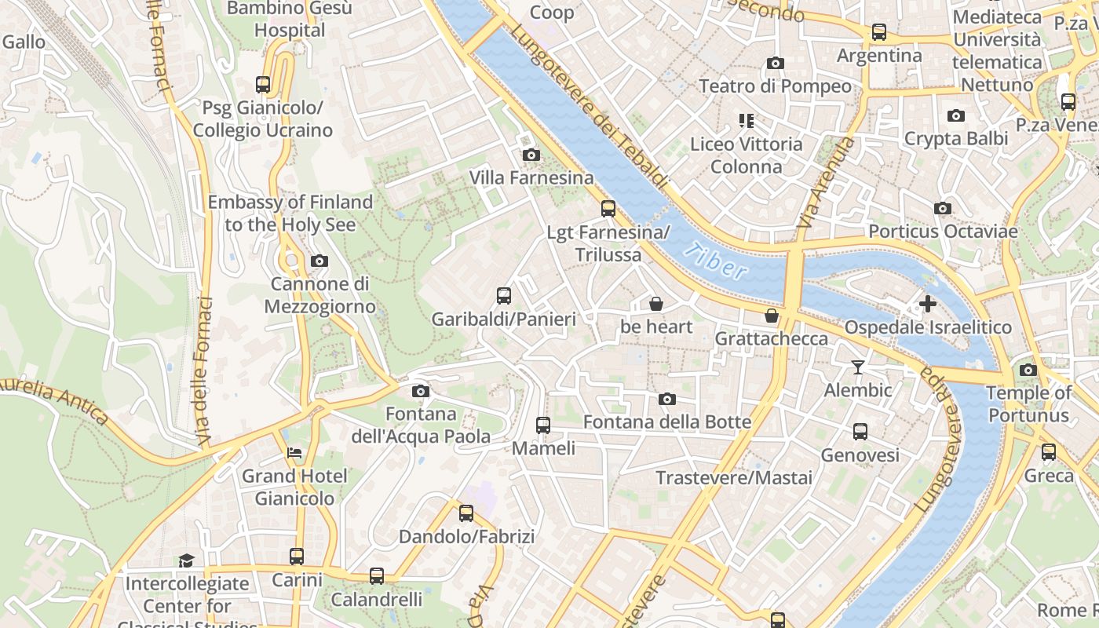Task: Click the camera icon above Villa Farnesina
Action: click(x=531, y=155)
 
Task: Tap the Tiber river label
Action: click(x=715, y=262)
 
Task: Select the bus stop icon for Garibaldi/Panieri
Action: click(x=504, y=296)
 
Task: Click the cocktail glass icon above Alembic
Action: click(x=857, y=367)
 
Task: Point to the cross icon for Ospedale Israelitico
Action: click(x=928, y=304)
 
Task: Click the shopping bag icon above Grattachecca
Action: click(x=772, y=316)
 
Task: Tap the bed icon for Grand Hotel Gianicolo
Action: click(x=294, y=453)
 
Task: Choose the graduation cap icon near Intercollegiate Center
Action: click(x=186, y=560)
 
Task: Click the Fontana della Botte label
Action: click(x=667, y=422)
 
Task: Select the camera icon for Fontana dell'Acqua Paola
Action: click(x=420, y=391)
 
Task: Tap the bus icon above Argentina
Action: click(x=879, y=32)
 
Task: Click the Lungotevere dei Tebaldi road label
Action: click(x=590, y=107)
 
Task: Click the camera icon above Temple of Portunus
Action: click(x=1028, y=370)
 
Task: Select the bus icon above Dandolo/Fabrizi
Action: click(x=466, y=513)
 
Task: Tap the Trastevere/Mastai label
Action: click(x=734, y=477)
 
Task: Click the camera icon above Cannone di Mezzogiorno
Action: click(x=319, y=261)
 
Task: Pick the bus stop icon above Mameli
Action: click(x=543, y=425)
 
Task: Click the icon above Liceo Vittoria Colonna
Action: click(x=746, y=121)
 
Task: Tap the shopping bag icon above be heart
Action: click(x=656, y=304)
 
